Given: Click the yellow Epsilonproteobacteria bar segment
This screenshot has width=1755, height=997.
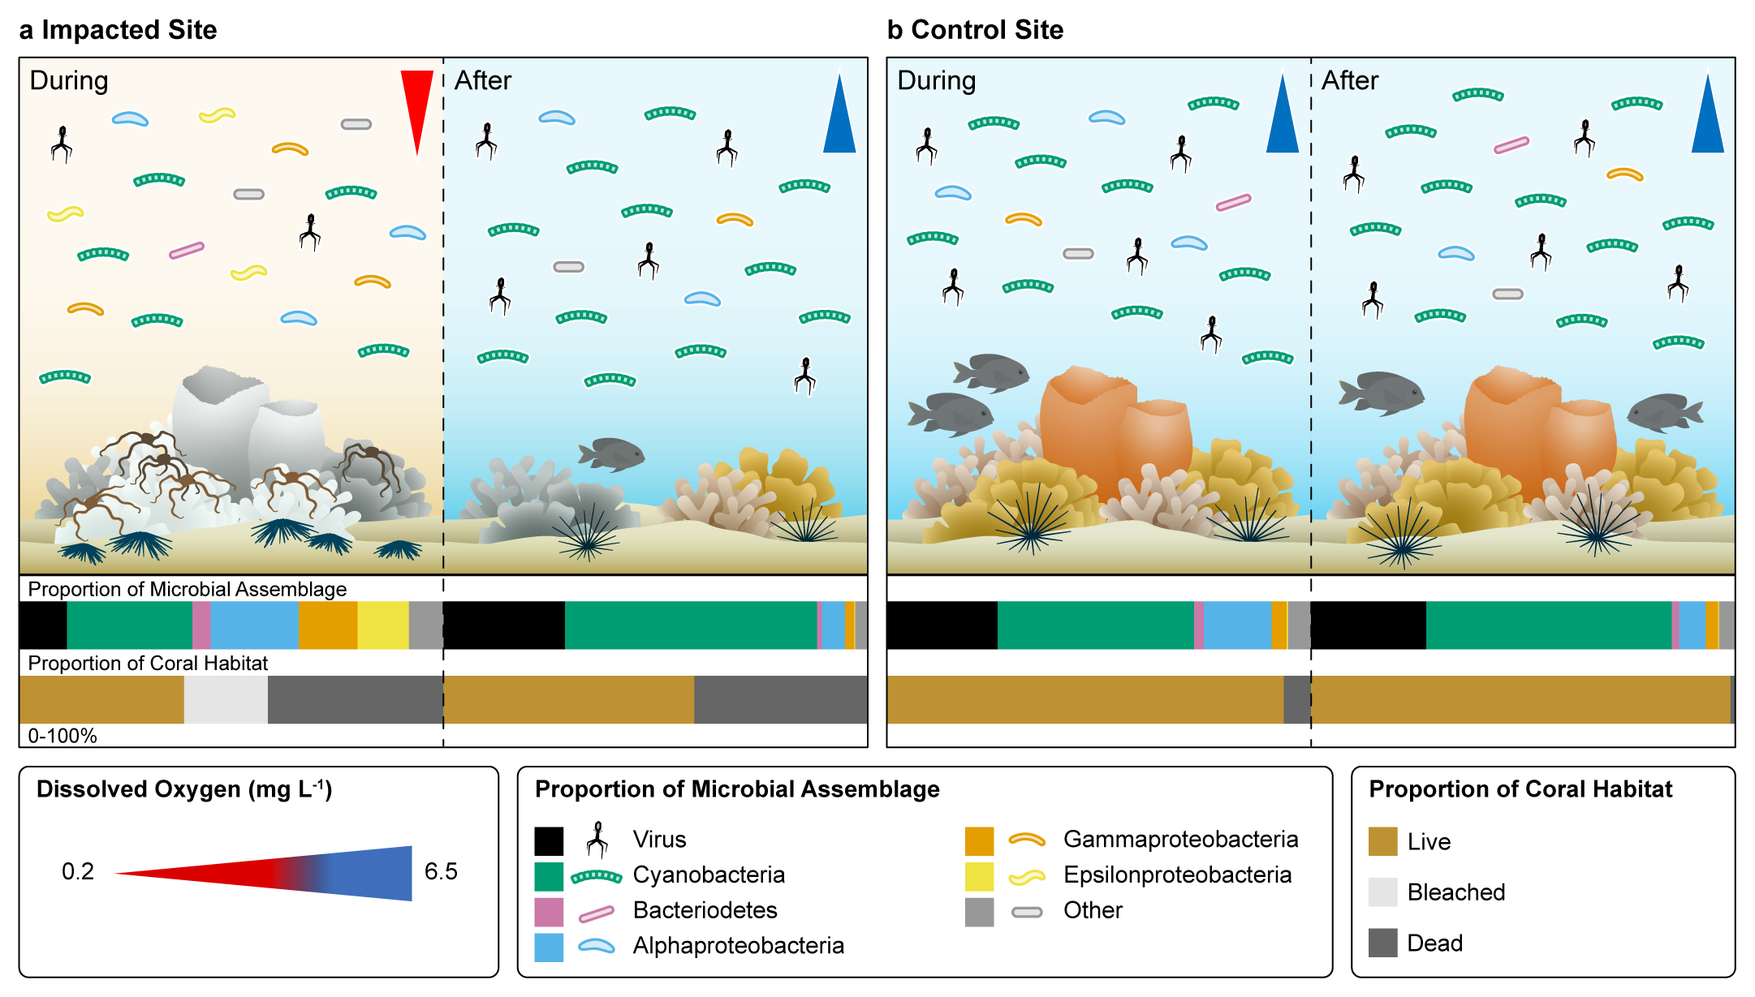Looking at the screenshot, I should (x=382, y=625).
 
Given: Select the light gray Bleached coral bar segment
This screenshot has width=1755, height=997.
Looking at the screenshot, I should (x=226, y=699).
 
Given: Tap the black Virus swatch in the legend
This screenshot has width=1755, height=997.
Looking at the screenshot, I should (x=549, y=841).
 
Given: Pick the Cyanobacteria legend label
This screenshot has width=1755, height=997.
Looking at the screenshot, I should (x=709, y=875).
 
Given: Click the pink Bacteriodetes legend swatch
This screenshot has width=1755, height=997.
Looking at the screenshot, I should (x=549, y=912).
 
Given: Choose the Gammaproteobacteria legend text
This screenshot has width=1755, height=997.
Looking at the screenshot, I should (x=1180, y=839).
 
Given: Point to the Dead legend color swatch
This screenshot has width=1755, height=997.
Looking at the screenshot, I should (x=1382, y=943).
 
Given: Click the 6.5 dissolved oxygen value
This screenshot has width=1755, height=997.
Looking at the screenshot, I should (x=441, y=871).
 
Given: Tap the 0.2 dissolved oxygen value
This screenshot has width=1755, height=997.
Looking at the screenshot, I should (x=78, y=871).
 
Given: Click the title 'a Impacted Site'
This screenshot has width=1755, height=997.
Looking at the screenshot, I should (x=118, y=30).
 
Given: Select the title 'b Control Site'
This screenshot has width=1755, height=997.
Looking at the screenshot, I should (x=975, y=30).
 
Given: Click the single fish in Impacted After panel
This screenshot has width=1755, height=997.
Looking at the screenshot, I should (x=612, y=453).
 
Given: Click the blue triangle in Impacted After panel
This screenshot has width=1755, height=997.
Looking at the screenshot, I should (x=839, y=118).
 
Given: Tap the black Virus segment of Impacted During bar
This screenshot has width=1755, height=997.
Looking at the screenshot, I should (x=43, y=625).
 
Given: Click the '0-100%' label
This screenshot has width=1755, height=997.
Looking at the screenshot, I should (x=63, y=736).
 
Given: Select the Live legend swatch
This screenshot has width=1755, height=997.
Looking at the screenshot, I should (x=1382, y=841).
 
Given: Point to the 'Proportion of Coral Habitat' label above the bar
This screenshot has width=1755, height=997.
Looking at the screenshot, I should (x=148, y=663).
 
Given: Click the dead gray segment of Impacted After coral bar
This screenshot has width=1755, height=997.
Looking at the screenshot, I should (x=780, y=699).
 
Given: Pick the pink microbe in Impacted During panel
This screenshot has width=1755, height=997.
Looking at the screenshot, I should (x=186, y=251).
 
